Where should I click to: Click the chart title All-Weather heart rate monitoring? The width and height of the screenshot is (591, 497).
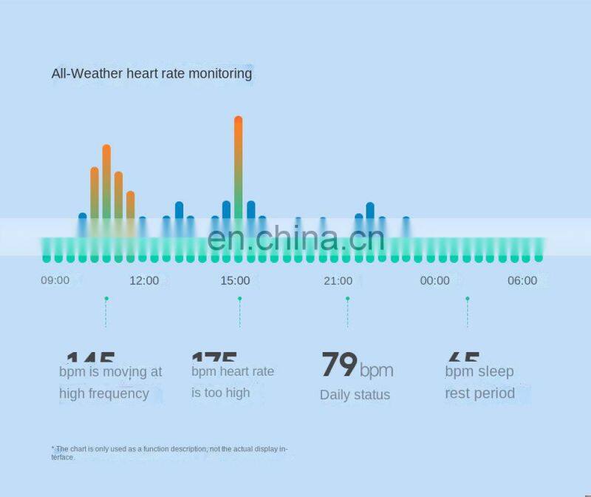[x=151, y=73]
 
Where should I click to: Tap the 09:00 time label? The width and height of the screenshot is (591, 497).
[x=55, y=280]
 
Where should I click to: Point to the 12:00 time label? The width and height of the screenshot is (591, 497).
[x=144, y=280]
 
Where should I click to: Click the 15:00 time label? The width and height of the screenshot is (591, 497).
[x=235, y=280]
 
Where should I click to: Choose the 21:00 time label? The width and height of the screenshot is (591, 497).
[x=338, y=280]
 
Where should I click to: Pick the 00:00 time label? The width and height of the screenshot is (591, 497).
[x=434, y=280]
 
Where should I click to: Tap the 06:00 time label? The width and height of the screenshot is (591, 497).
[x=522, y=280]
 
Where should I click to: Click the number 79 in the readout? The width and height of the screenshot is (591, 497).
[x=338, y=365]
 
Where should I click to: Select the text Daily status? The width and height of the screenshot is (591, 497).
[x=355, y=395]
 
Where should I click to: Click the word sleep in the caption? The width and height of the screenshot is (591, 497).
[x=495, y=371]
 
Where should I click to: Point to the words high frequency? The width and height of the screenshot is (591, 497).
[x=104, y=393]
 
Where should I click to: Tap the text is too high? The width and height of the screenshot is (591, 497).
[x=221, y=393]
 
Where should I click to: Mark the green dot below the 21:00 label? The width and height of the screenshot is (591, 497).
[x=347, y=299]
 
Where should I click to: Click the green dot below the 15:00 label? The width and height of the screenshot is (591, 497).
[x=239, y=299]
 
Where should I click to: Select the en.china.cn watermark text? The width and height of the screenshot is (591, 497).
[x=295, y=238]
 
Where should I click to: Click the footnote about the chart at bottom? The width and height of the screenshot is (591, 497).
[x=170, y=453]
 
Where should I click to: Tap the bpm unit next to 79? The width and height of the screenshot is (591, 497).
[x=377, y=371]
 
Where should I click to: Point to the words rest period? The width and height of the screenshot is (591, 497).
[x=479, y=393]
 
